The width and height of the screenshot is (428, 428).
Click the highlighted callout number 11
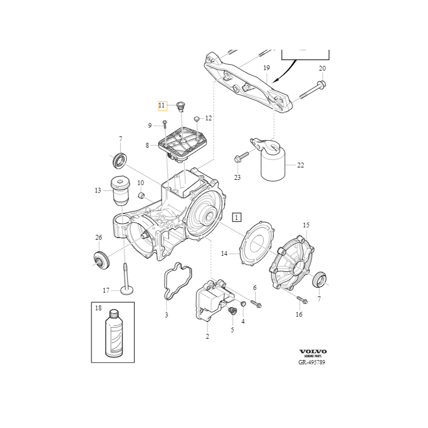[x=162, y=105]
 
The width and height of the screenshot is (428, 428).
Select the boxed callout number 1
[x=236, y=217]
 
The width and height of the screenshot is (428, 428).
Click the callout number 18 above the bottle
[x=98, y=308]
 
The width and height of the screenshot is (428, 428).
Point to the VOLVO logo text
[x=313, y=351]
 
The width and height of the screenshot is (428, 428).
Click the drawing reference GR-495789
[x=312, y=362]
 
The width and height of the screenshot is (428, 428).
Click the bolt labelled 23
[x=239, y=158]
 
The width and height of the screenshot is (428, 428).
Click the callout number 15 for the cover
[x=306, y=225]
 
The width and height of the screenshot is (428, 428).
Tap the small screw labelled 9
[x=164, y=125]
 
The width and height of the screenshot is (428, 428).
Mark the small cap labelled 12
[x=197, y=118]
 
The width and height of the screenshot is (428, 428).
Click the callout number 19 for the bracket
[x=266, y=68]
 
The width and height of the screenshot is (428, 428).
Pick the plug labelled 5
[x=233, y=311]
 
